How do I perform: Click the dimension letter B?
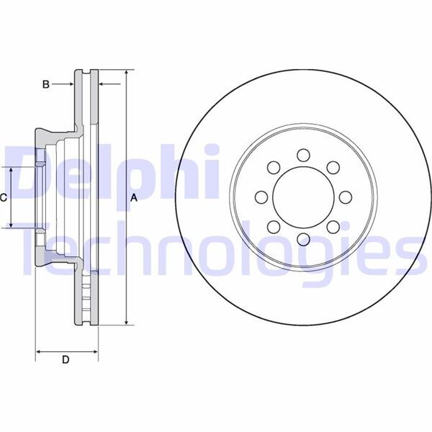coord(45,84)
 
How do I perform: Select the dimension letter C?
coord(4,197)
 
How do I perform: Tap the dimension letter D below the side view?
coord(66,359)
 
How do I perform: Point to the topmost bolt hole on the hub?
coord(302,154)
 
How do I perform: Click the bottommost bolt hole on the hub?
coord(302,239)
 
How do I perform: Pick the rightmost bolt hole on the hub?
coord(345,197)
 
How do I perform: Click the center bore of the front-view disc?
coord(302,197)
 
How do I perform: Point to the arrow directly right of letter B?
coord(69,84)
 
